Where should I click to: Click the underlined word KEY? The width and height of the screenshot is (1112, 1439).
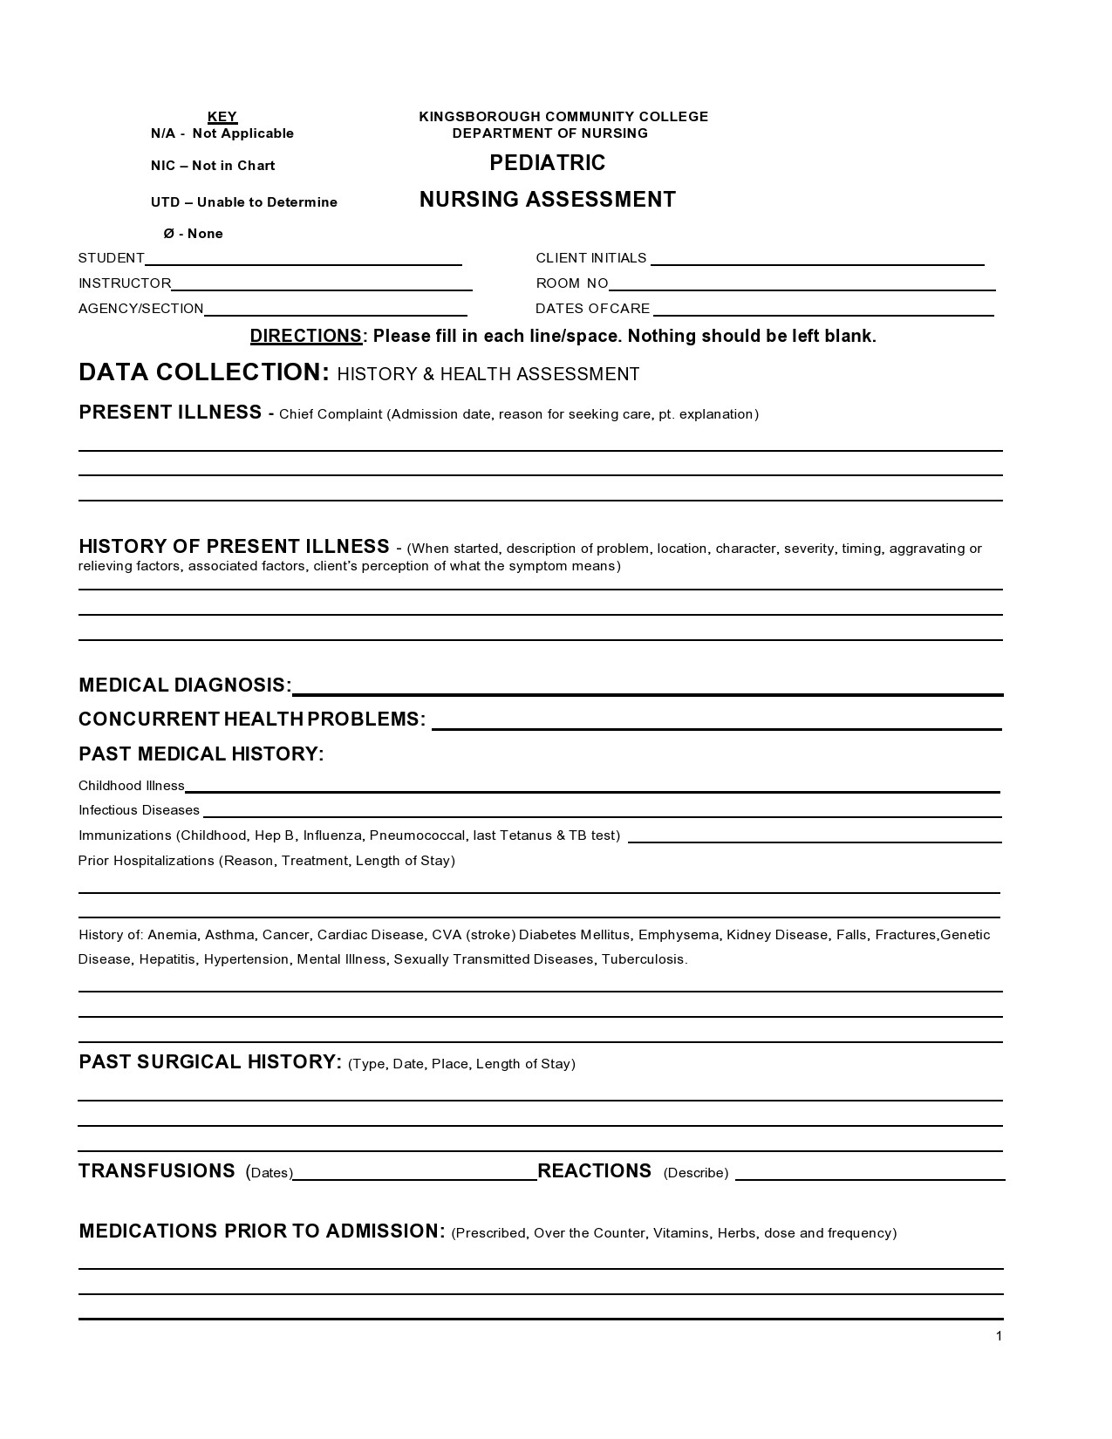tap(222, 117)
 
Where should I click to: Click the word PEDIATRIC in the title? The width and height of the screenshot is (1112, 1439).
tap(547, 163)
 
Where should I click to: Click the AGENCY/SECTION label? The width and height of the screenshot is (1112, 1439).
tap(140, 309)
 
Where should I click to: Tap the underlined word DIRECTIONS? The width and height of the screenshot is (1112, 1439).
tap(305, 337)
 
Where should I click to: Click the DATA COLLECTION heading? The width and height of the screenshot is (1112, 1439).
tap(203, 372)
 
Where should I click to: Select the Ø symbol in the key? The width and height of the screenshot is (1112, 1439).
tap(168, 234)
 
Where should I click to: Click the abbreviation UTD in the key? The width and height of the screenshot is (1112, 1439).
tap(165, 202)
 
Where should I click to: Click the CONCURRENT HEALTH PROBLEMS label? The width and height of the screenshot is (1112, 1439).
tap(251, 719)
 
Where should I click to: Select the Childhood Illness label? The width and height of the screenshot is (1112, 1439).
tap(131, 786)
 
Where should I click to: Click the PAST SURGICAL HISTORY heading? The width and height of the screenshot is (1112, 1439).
tap(209, 1062)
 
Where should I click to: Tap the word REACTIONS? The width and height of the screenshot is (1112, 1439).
tap(594, 1171)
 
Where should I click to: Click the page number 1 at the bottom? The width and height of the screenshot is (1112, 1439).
tap(999, 1337)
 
